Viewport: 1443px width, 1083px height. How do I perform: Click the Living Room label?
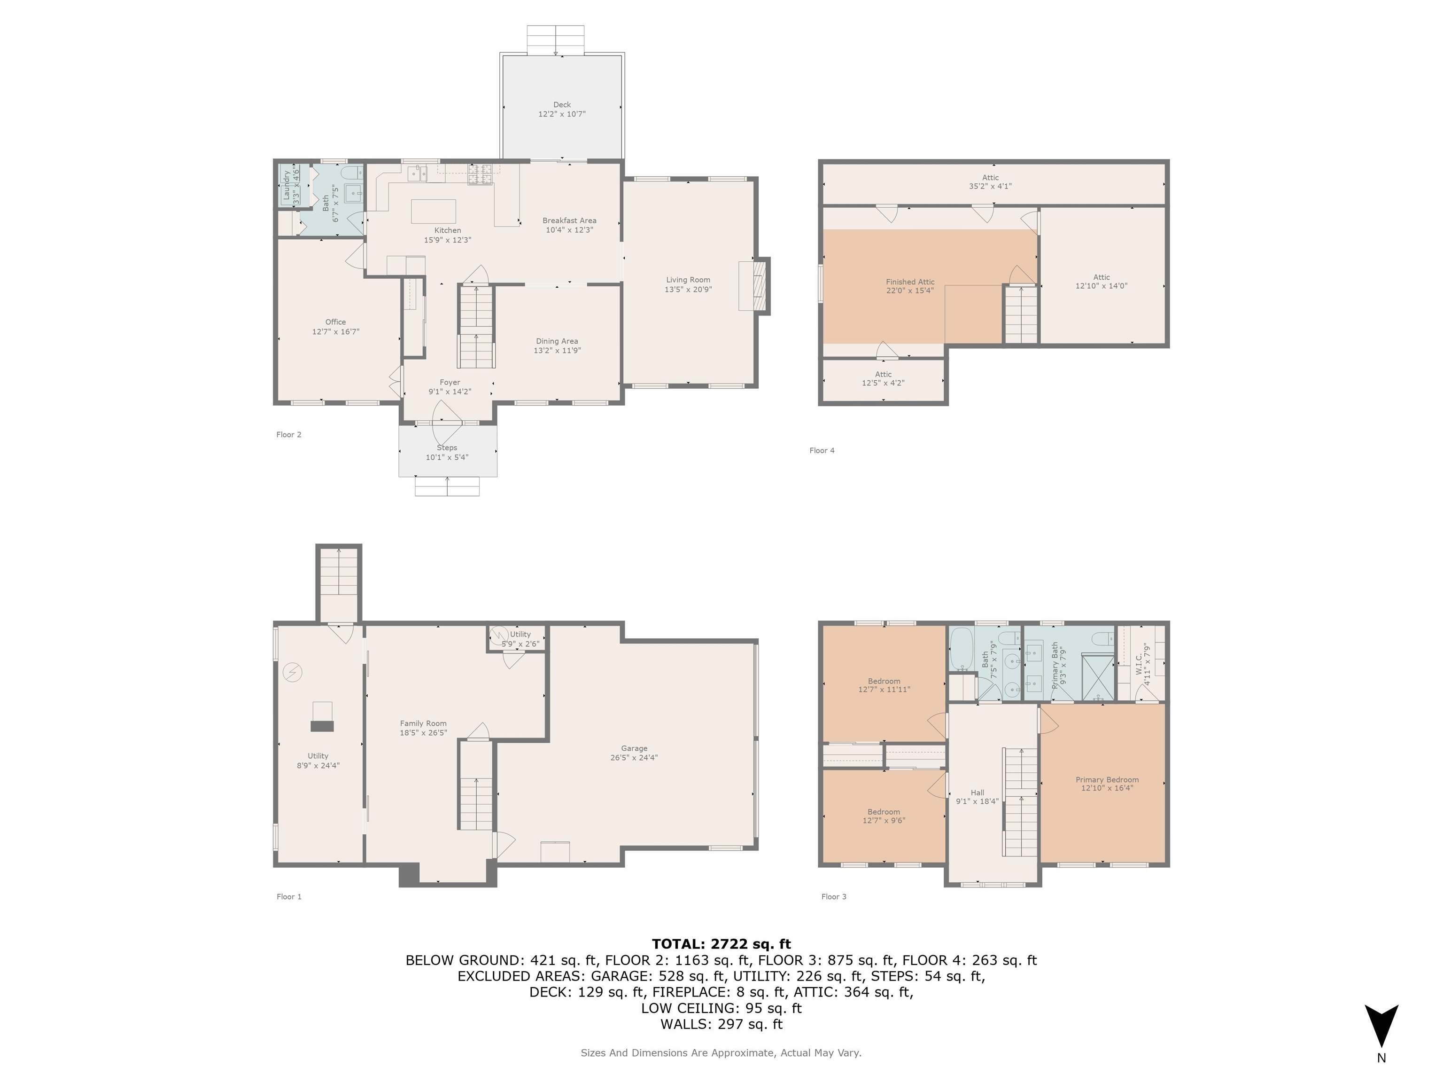[688, 279]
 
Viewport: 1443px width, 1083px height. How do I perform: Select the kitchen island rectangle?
[433, 212]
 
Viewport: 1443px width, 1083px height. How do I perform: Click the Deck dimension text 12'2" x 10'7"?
[562, 114]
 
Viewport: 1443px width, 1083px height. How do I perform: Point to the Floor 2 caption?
[289, 435]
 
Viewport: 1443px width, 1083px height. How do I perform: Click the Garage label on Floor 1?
[634, 748]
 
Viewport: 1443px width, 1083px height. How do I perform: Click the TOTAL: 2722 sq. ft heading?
[721, 944]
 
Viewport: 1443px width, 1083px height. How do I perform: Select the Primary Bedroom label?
[1107, 779]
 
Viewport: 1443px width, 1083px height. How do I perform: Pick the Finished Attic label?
[910, 282]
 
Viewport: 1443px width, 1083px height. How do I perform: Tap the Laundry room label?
[287, 185]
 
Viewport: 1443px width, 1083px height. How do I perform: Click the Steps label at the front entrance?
[447, 448]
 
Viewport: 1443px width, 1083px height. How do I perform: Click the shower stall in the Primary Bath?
[1097, 676]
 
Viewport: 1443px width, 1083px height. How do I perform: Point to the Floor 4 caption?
[822, 450]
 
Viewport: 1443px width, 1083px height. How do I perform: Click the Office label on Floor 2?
[335, 322]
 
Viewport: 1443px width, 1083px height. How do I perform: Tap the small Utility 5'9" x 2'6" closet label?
[520, 638]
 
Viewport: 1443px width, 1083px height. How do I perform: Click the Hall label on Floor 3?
[977, 793]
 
